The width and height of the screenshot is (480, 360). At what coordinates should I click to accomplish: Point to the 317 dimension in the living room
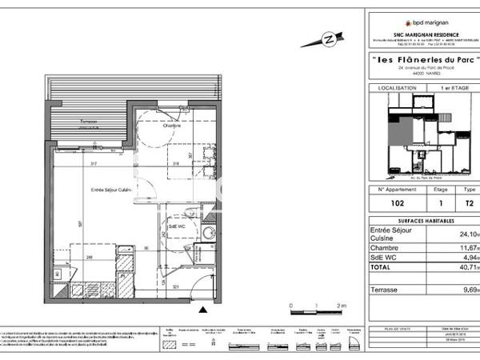(x=94, y=163)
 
